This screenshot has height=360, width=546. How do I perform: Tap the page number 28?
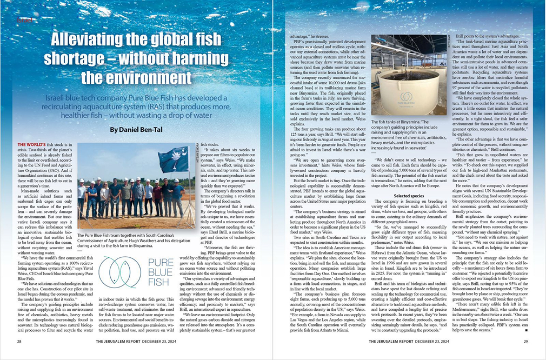19,342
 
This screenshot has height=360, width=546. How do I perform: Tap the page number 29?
525,342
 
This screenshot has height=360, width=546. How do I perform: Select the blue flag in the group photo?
174,159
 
